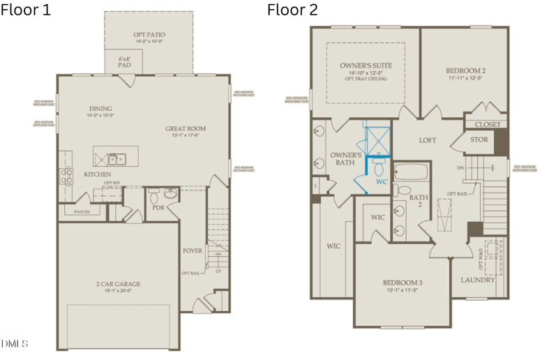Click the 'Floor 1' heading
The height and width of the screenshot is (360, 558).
[x=27, y=10]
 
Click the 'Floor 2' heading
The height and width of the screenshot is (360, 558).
[x=292, y=10]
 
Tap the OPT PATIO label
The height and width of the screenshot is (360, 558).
[x=149, y=34]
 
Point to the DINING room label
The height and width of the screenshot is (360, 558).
[x=100, y=109]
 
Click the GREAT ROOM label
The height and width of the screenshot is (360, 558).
[x=186, y=128]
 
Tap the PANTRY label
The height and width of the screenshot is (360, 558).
[x=82, y=211]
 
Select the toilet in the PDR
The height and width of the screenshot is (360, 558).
[x=155, y=192]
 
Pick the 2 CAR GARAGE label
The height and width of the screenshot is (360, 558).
[x=118, y=284]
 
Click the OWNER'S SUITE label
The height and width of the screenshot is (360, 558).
[x=365, y=66]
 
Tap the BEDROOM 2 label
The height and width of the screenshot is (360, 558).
[x=465, y=70]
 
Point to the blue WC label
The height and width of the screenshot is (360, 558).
[x=382, y=181]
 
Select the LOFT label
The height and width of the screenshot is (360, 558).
[x=427, y=140]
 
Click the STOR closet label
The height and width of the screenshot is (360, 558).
[x=479, y=140]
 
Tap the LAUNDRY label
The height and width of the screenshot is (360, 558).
[x=478, y=280]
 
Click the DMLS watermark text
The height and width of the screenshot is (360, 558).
[x=15, y=343]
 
